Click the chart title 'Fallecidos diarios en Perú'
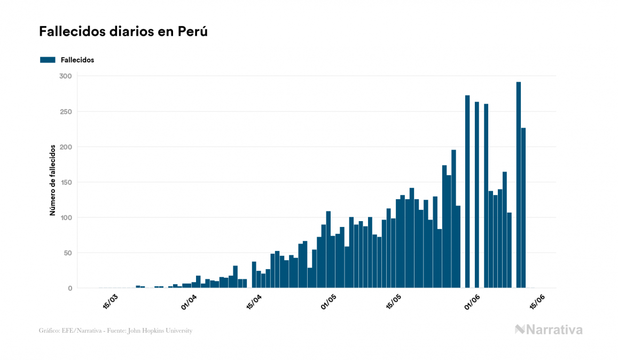(123, 32)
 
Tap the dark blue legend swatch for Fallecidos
(48, 60)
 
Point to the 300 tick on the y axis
(65, 76)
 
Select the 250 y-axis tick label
(65, 112)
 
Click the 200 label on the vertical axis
(65, 147)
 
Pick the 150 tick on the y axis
(65, 182)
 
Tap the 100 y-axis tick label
(65, 217)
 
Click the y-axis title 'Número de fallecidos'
(52, 179)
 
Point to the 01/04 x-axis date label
(189, 302)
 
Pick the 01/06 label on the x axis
(472, 302)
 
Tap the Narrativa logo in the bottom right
(549, 330)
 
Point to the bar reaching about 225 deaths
(523, 208)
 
